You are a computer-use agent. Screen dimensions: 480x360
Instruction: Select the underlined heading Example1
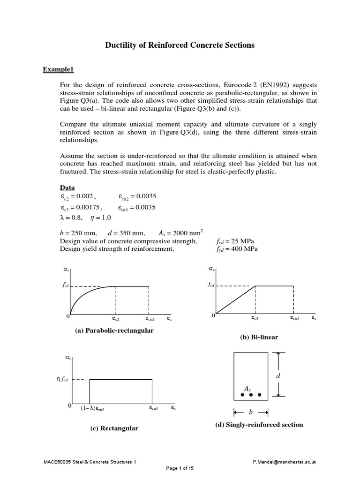coord(59,70)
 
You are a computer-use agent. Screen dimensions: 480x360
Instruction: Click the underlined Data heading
coord(67,187)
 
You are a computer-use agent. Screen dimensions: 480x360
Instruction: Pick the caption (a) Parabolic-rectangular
coord(114,330)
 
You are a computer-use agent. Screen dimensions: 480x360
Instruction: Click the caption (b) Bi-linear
coord(259,337)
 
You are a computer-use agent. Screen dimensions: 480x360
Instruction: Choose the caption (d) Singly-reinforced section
coord(259,425)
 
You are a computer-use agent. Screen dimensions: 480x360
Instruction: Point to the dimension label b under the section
coord(251,412)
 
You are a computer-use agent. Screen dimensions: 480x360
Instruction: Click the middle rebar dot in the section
coord(251,395)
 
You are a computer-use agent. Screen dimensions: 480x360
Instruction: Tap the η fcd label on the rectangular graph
coord(62,380)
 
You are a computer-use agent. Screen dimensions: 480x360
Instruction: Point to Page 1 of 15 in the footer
coord(180,468)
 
